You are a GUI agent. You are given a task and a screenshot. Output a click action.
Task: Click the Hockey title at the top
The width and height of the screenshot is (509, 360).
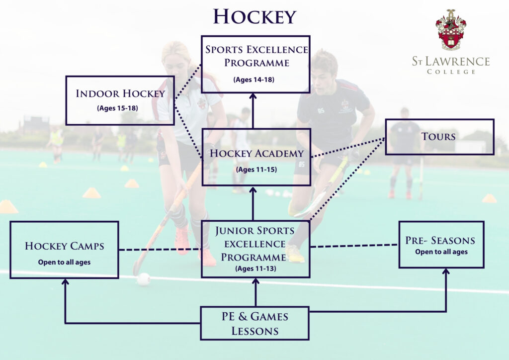[254, 16]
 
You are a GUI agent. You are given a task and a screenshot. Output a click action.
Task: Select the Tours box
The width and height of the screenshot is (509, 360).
[439, 136]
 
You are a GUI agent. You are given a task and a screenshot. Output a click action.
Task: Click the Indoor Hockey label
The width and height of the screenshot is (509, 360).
[120, 93]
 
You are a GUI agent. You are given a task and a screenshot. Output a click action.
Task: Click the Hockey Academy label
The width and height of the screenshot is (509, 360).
[256, 153]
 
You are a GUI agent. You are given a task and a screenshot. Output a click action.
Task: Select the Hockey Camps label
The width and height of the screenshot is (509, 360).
[65, 246]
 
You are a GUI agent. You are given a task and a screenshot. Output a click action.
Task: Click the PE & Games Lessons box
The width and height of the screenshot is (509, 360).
[254, 323]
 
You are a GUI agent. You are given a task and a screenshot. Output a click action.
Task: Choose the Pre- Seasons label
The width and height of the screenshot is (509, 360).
[440, 241]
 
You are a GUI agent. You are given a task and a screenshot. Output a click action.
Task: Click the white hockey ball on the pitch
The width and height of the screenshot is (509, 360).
[144, 279]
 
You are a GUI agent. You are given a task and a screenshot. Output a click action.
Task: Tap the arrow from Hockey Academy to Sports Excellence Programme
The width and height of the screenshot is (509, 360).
[253, 112]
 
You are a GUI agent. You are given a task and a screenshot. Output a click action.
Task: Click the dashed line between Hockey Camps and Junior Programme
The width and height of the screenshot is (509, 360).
[159, 249]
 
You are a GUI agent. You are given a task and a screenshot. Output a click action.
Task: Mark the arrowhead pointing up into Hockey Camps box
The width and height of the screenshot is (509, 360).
[65, 282]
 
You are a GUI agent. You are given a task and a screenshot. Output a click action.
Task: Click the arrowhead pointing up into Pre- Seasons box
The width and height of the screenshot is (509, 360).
[445, 272]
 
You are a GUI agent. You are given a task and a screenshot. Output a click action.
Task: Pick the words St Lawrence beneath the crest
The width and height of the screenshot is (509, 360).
[450, 62]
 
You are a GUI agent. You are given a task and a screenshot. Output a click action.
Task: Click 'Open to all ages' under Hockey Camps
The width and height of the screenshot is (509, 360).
[64, 262]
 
